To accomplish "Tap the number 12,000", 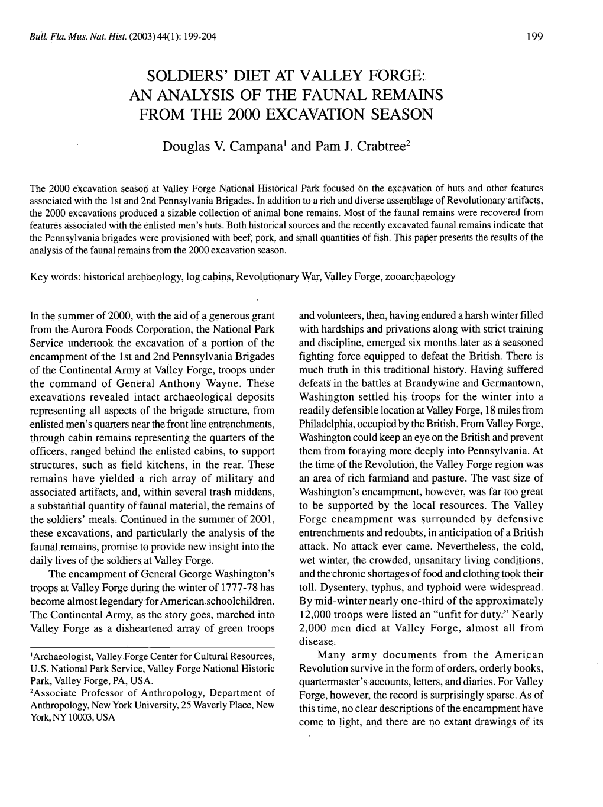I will click(318, 615).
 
